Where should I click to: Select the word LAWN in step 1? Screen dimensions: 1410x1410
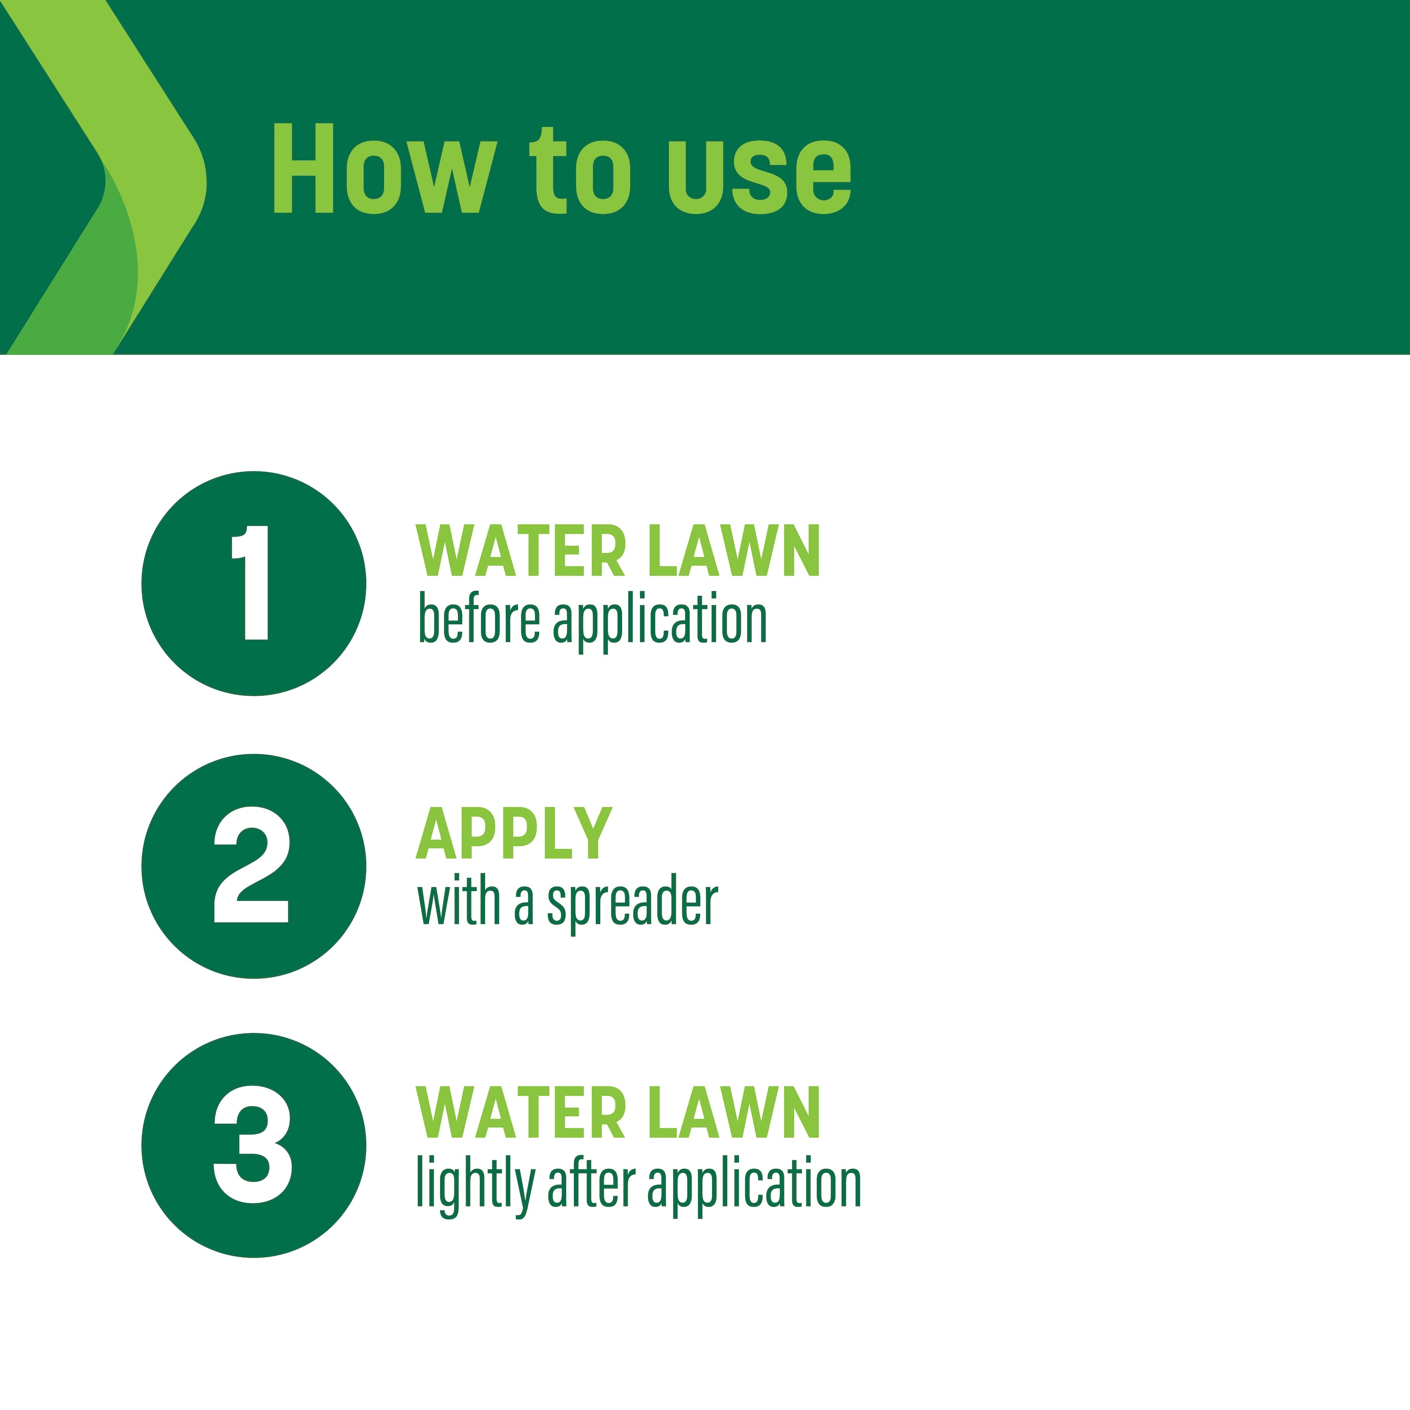pos(734,552)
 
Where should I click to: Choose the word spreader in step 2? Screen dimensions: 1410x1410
pos(633,905)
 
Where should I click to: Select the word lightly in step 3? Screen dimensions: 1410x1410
pos(476,1184)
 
